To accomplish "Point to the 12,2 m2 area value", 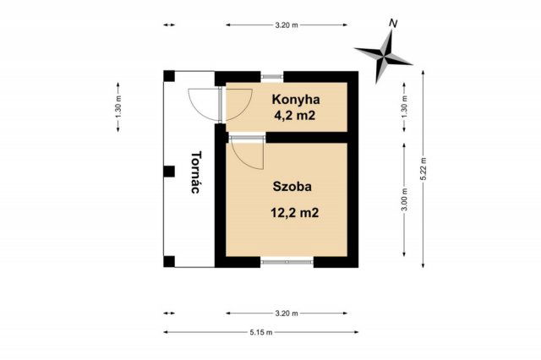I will (x=295, y=213).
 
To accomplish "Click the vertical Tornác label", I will (x=196, y=173).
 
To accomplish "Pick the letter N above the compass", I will (x=392, y=24).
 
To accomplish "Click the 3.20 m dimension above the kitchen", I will (x=287, y=25).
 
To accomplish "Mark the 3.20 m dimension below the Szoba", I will (x=287, y=314).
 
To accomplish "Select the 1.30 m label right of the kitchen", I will (x=405, y=106).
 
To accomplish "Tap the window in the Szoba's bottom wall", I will (x=287, y=261).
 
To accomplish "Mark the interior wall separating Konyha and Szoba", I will (x=309, y=136).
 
